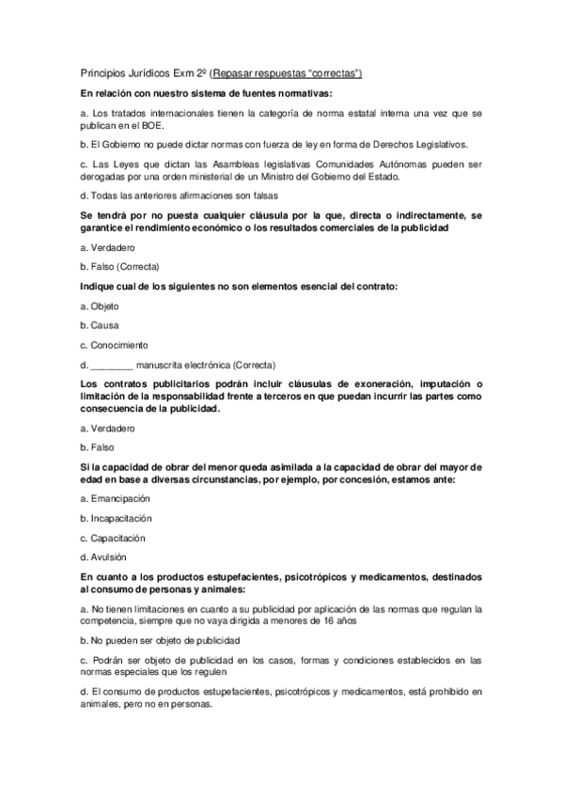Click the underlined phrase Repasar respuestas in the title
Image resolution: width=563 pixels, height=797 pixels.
tap(260, 73)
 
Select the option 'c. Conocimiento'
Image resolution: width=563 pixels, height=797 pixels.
tap(114, 344)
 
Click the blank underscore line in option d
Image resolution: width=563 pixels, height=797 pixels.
tap(112, 365)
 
